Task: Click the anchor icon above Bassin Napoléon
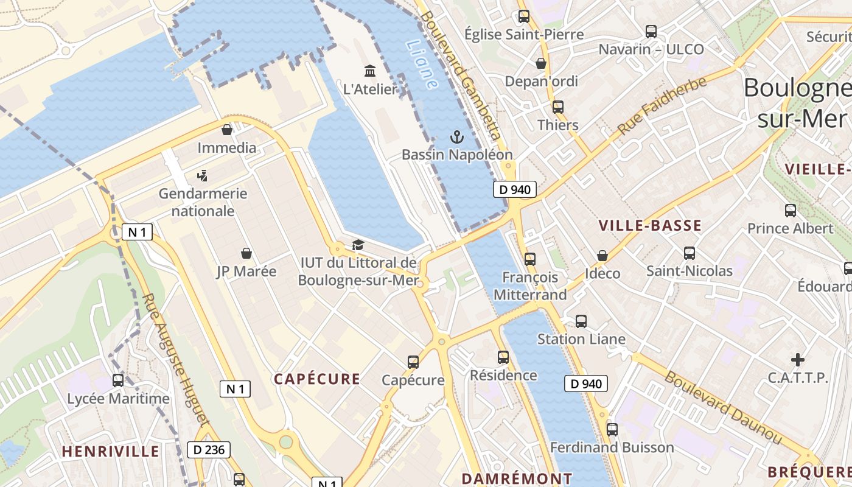pyautogui.click(x=456, y=137)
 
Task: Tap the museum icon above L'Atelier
pyautogui.click(x=369, y=71)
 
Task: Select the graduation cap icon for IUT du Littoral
pyautogui.click(x=358, y=245)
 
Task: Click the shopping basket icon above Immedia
pyautogui.click(x=227, y=130)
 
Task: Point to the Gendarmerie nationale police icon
pyautogui.click(x=203, y=176)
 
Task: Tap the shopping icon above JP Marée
pyautogui.click(x=246, y=253)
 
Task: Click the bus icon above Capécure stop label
pyautogui.click(x=413, y=362)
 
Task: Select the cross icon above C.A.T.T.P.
pyautogui.click(x=797, y=360)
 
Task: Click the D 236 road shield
pyautogui.click(x=209, y=450)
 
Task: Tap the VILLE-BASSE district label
pyautogui.click(x=650, y=226)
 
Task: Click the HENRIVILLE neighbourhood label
pyautogui.click(x=111, y=451)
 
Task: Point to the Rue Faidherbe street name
pyautogui.click(x=663, y=106)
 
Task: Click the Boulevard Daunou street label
pyautogui.click(x=722, y=407)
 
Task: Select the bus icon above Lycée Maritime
pyautogui.click(x=118, y=380)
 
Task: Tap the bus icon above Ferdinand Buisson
pyautogui.click(x=612, y=429)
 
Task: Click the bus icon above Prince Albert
pyautogui.click(x=790, y=211)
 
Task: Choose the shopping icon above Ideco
pyautogui.click(x=602, y=256)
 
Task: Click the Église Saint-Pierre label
pyautogui.click(x=524, y=35)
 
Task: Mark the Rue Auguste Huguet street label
pyautogui.click(x=176, y=359)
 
